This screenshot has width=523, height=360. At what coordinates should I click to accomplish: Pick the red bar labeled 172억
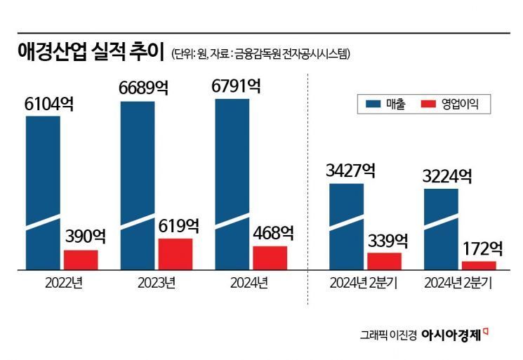point(479,265)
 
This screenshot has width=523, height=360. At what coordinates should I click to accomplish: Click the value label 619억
point(176,226)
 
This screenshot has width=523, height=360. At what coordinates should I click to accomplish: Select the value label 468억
point(271,233)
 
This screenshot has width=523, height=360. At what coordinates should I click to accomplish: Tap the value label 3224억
point(446,175)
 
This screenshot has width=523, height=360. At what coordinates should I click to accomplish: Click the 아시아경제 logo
point(454,335)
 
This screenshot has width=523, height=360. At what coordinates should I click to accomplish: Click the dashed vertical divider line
point(307,189)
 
